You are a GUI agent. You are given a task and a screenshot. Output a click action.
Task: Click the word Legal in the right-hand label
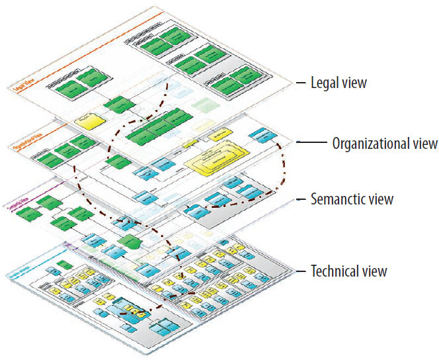326,83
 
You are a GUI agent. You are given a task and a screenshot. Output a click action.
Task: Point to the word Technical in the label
335,271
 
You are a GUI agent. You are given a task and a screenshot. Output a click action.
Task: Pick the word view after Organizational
422,142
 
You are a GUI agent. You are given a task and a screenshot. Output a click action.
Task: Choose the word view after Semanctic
380,199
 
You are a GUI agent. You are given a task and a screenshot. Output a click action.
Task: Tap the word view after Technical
374,271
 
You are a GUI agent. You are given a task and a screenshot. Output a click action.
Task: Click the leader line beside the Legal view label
299,83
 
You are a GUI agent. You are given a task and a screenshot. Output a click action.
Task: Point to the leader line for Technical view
299,271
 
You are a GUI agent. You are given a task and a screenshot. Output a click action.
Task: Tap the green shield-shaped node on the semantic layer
130,240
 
